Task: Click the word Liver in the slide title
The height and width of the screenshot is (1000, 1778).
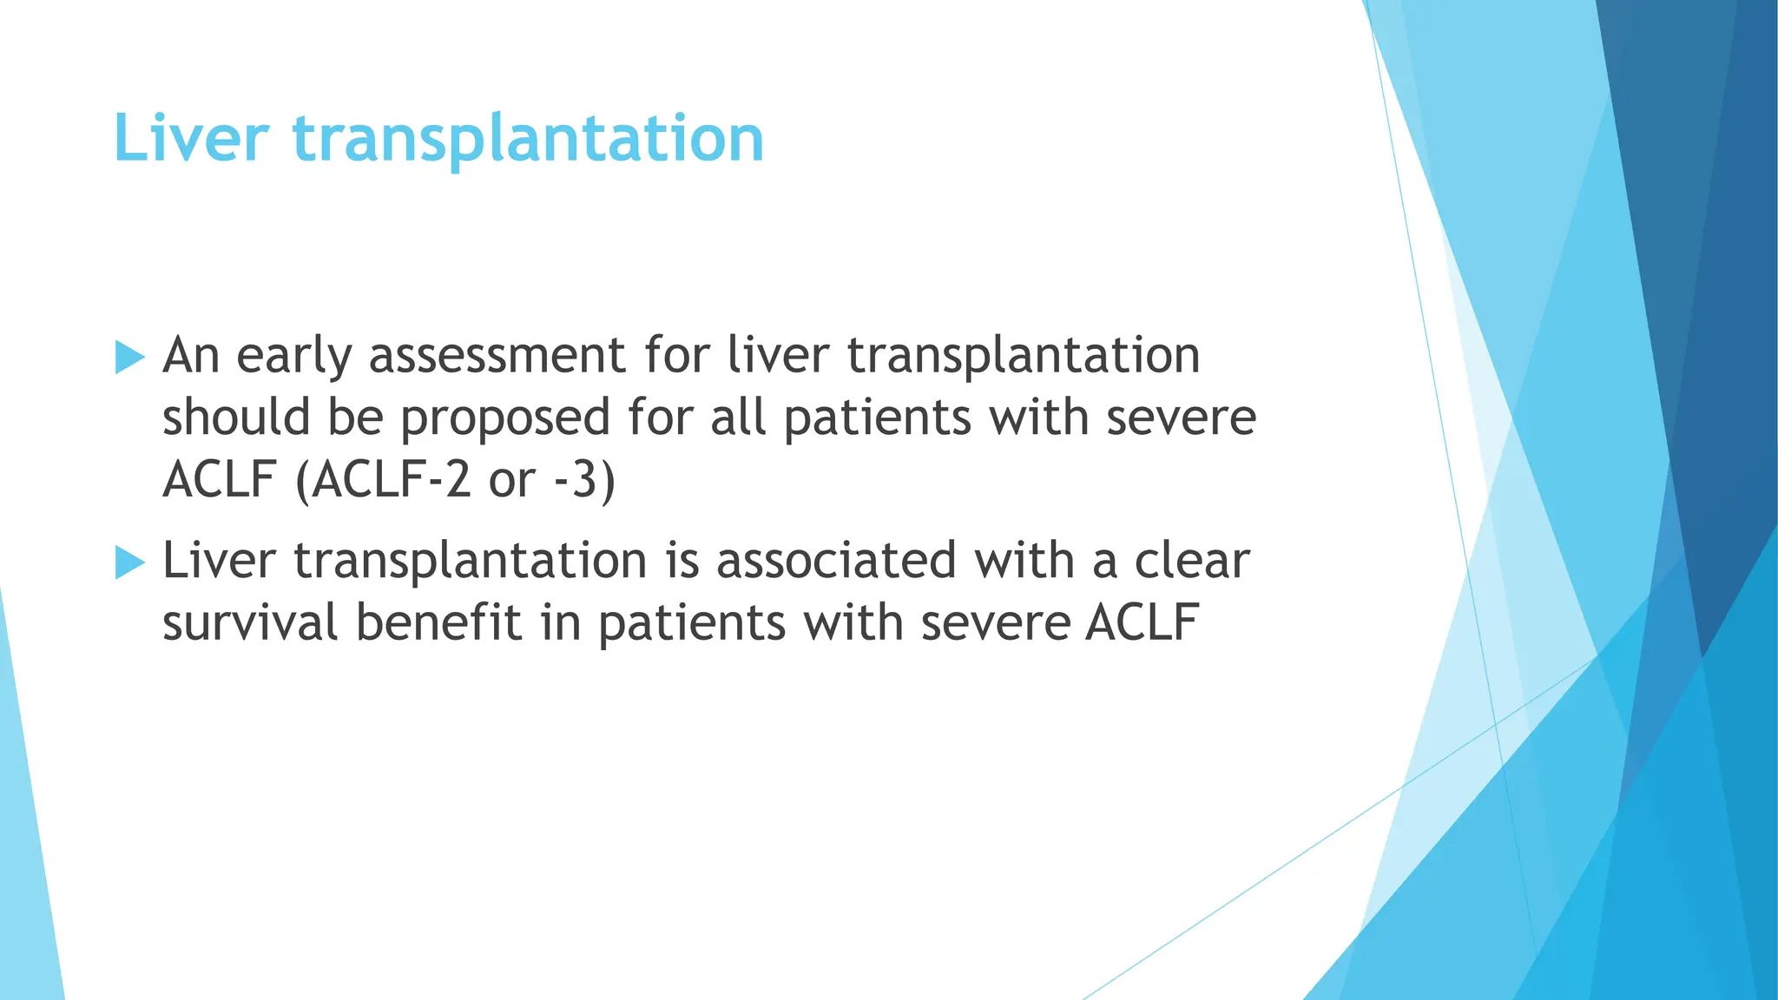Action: [x=191, y=138]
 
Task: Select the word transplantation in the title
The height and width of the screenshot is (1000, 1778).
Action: [x=528, y=138]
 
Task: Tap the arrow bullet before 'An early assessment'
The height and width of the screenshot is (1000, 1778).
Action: [x=129, y=357]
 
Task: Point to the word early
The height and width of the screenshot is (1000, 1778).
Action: [x=293, y=357]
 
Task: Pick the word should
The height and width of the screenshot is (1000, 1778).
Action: [x=236, y=418]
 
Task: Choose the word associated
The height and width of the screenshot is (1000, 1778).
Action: [x=835, y=561]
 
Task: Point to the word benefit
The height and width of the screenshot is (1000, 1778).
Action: [x=439, y=623]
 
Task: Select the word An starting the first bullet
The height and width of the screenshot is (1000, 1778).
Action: [x=191, y=357]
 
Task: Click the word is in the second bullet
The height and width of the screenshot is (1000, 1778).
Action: [x=682, y=561]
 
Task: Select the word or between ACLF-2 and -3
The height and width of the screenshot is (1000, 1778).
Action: [x=512, y=480]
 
